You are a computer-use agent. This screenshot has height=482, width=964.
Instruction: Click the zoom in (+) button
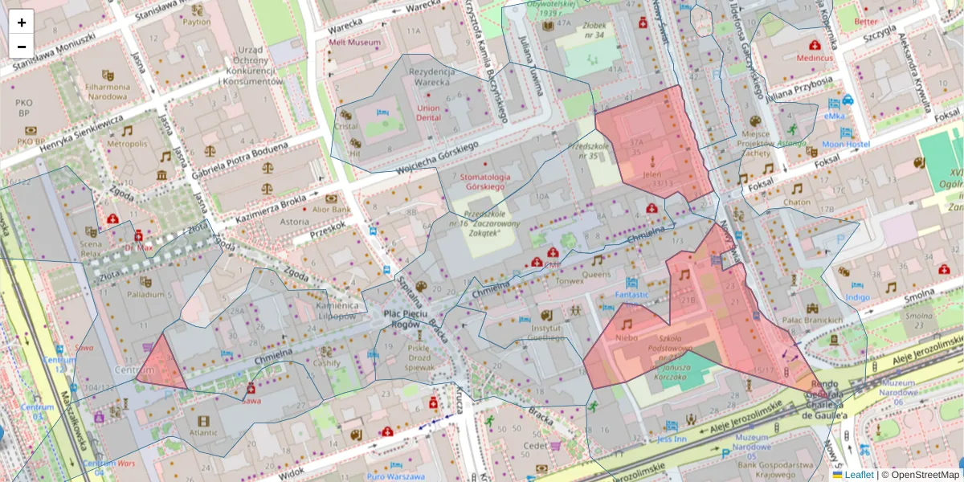(22, 22)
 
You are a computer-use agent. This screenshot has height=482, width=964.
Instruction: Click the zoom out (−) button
(22, 46)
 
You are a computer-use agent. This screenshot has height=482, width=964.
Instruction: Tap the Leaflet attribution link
(858, 475)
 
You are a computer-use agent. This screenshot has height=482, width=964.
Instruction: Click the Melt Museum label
(354, 42)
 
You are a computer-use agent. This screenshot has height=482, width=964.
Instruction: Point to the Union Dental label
(428, 112)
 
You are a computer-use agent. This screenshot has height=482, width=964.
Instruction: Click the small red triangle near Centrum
(161, 366)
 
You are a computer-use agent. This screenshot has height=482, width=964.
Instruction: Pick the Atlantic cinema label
(203, 432)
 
